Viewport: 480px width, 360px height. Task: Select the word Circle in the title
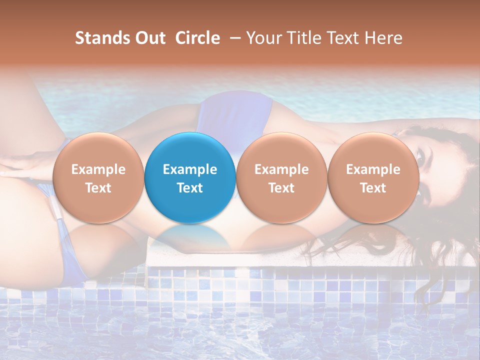[x=197, y=38]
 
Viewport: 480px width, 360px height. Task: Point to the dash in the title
[x=233, y=38]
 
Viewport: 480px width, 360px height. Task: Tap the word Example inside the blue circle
[x=190, y=169]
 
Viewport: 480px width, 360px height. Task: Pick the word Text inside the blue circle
[x=190, y=188]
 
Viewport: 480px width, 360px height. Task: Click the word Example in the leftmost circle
[x=98, y=169]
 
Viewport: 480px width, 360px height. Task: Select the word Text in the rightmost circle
[x=373, y=188]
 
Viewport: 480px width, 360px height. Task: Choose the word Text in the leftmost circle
[x=98, y=188]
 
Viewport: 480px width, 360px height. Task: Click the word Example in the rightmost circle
[x=373, y=169]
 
